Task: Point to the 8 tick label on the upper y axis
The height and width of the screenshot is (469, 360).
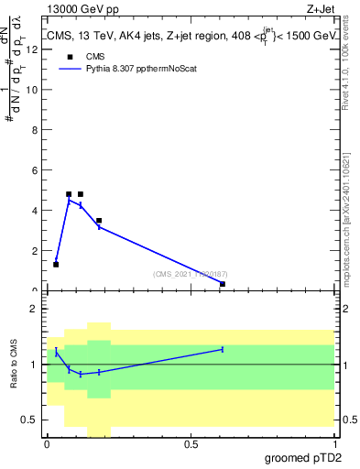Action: (33, 130)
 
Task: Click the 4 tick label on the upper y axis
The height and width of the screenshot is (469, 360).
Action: (33, 211)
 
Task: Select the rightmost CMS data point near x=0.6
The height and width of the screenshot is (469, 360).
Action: (223, 284)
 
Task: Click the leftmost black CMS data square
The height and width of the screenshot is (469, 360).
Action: (56, 265)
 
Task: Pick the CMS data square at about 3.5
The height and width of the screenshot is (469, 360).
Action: (99, 221)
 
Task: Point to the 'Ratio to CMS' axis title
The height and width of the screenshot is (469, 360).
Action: (14, 365)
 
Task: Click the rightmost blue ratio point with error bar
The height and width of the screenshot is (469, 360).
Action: (223, 349)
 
